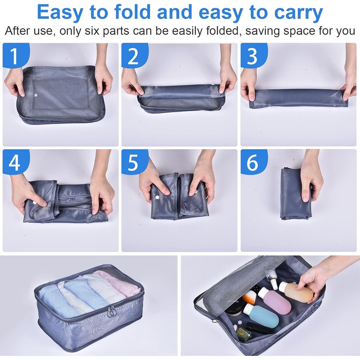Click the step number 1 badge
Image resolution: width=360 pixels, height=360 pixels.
click(x=15, y=55)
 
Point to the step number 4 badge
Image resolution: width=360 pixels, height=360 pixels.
click(x=15, y=161)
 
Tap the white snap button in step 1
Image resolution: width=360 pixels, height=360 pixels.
click(x=35, y=95)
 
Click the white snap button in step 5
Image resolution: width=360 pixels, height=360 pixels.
click(x=157, y=197)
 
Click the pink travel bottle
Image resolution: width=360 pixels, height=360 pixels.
click(x=275, y=300)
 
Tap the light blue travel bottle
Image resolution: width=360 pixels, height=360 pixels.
click(x=261, y=315)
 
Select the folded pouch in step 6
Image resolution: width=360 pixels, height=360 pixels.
click(x=296, y=194)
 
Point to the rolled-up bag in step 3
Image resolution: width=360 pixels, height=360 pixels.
click(x=299, y=98)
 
